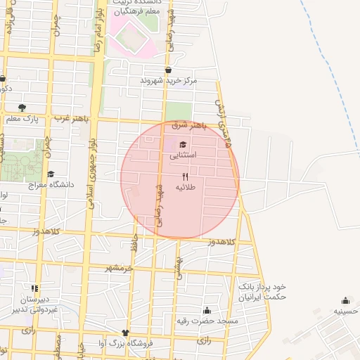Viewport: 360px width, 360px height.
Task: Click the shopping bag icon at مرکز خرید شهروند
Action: click(168, 70)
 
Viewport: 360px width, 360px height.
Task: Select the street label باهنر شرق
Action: click(190, 125)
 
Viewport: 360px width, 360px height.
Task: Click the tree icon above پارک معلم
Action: click(22, 108)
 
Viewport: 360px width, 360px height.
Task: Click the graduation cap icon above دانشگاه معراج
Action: click(50, 174)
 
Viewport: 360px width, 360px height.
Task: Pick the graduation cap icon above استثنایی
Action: click(184, 144)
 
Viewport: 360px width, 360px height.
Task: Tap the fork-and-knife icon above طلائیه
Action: click(186, 176)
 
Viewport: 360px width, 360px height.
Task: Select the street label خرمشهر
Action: click(119, 268)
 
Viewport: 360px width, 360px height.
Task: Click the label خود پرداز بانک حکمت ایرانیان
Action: click(263, 292)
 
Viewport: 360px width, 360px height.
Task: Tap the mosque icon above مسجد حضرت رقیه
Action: click(207, 310)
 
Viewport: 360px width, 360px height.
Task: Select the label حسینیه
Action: click(347, 311)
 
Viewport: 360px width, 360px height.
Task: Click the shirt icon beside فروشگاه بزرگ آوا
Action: click(125, 333)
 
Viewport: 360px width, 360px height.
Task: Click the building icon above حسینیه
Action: click(345, 300)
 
